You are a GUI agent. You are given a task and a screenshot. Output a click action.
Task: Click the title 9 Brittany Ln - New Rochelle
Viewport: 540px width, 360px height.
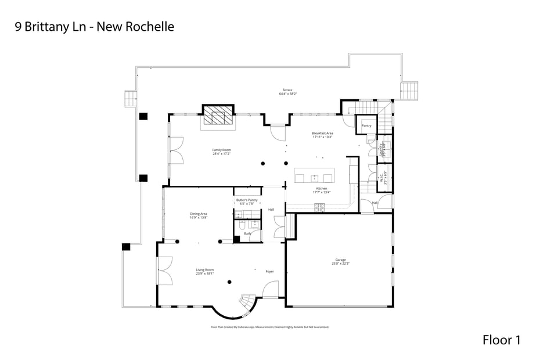[x=94, y=27]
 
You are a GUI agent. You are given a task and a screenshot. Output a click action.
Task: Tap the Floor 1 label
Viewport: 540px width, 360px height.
[x=501, y=340]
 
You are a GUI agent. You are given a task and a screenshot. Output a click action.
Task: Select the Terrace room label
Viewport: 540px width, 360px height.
[x=286, y=92]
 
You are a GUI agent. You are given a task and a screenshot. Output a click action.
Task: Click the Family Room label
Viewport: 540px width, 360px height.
[x=221, y=152]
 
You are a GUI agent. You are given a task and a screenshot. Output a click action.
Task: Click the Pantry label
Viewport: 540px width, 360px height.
[x=366, y=125]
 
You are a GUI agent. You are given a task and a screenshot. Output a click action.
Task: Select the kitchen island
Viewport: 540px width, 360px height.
[x=314, y=176]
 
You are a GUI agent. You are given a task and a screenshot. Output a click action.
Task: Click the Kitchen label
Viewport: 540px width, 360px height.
[x=322, y=190]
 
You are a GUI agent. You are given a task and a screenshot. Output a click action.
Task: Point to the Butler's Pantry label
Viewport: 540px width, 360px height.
[x=247, y=201]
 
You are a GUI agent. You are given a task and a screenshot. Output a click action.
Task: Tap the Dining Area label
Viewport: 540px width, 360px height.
[x=199, y=215]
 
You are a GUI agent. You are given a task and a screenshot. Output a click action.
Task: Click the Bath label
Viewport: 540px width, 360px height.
[x=247, y=233]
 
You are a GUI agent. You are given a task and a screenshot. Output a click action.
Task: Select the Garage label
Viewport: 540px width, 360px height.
[x=340, y=261]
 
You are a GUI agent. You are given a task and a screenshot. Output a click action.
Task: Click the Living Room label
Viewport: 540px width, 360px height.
[x=204, y=271]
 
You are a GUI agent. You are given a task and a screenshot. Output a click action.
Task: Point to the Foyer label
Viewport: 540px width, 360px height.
[x=269, y=271]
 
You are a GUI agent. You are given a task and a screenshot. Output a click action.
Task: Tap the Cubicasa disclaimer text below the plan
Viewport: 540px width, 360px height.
[x=269, y=327]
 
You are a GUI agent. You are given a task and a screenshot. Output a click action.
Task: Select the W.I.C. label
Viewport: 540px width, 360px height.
[x=383, y=179]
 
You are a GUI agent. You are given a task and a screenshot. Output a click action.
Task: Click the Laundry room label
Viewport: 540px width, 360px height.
[x=383, y=150]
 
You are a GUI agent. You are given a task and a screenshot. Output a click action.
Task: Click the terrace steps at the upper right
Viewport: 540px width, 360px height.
[x=409, y=90]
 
